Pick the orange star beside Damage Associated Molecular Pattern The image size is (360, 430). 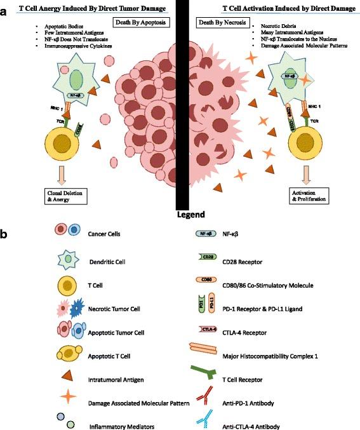(51, 401)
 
